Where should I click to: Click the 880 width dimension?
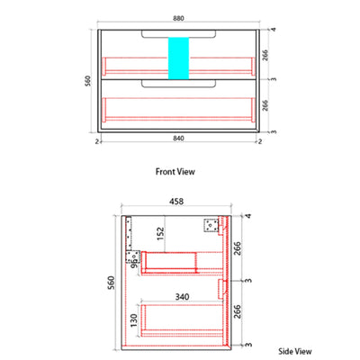click(178, 18)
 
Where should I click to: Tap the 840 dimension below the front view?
click(178, 139)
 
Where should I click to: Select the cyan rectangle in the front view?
click(178, 58)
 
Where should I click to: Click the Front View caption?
click(175, 172)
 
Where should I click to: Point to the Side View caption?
click(295, 351)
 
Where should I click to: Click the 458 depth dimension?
click(176, 202)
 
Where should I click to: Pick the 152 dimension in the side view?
click(161, 234)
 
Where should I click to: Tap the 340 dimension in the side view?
click(182, 297)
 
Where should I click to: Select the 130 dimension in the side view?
click(133, 320)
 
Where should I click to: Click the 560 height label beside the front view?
click(87, 81)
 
